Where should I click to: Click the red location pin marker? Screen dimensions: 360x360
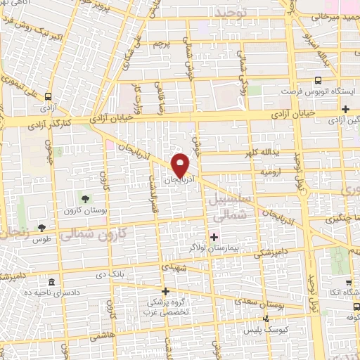tap(181, 165)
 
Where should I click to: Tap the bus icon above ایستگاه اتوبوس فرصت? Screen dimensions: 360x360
tap(318, 80)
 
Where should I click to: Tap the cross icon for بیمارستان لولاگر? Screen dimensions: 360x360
tap(214, 237)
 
